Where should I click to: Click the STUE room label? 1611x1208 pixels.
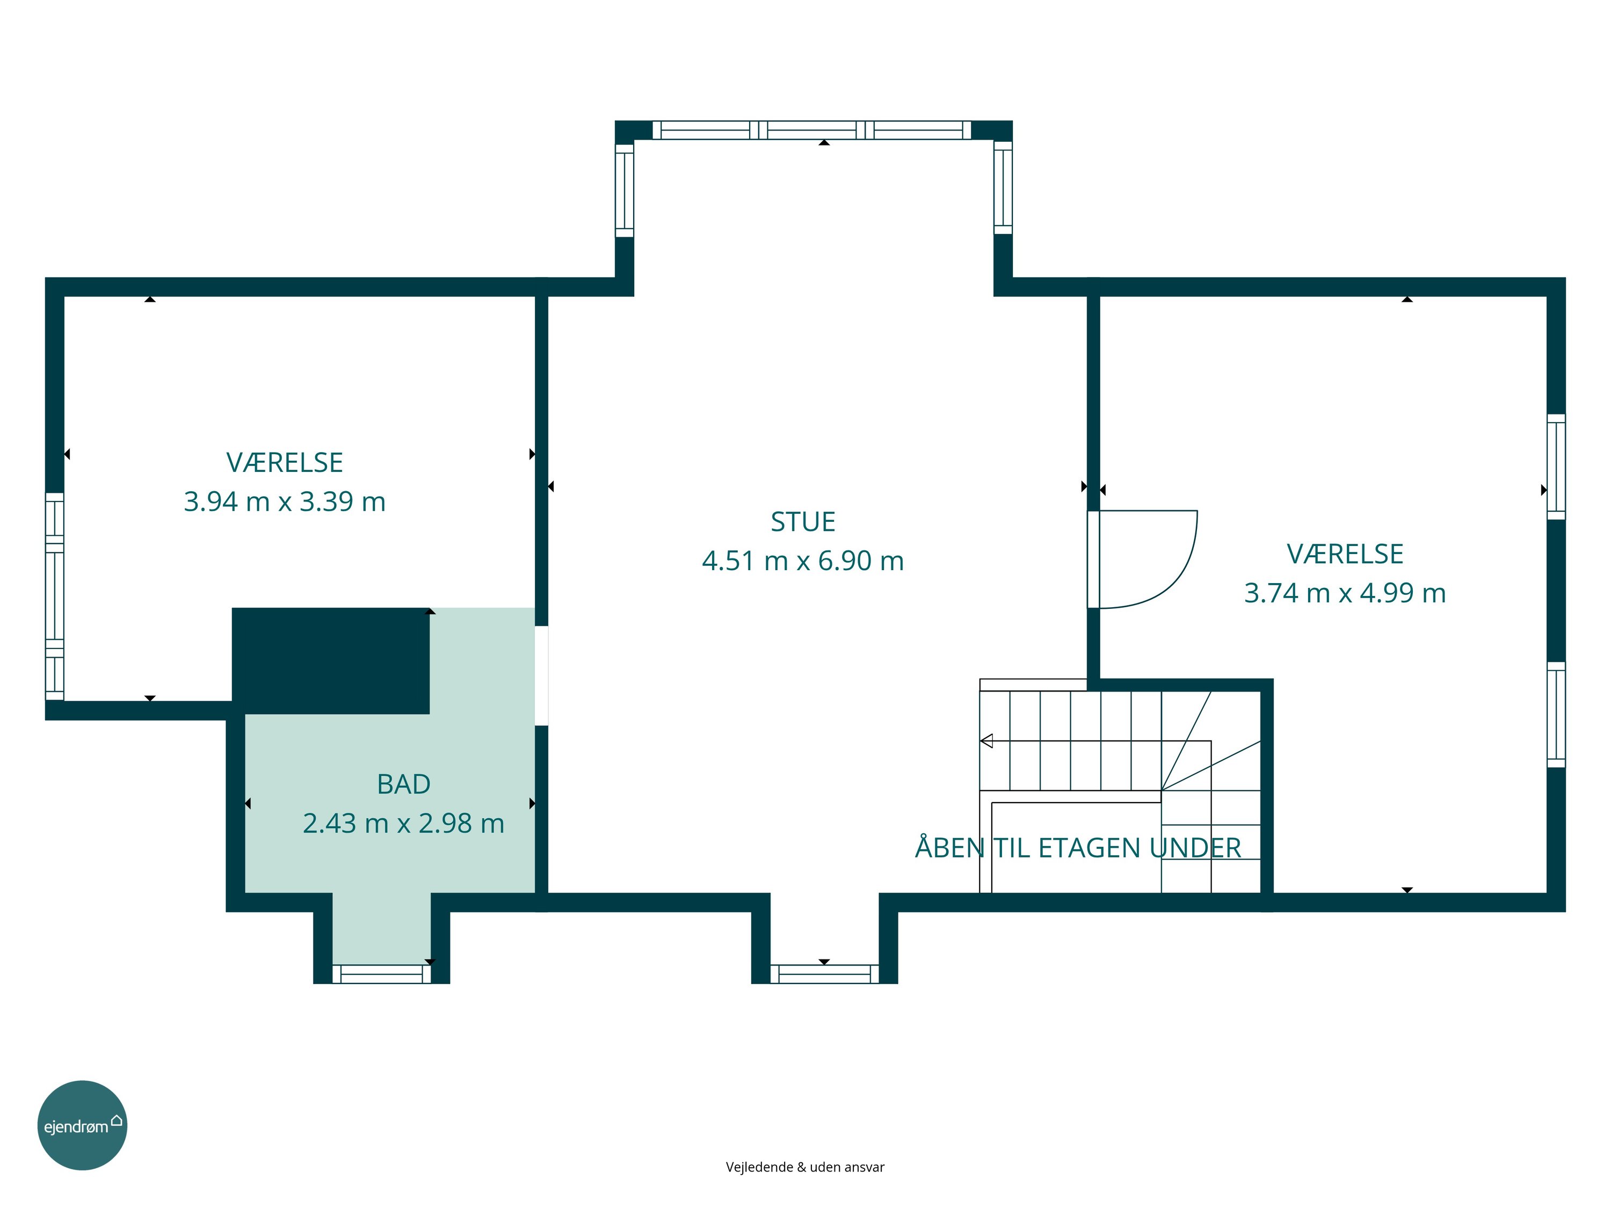pos(803,522)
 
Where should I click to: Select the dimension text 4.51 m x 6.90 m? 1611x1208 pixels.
pos(803,561)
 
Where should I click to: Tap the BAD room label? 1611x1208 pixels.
pos(403,784)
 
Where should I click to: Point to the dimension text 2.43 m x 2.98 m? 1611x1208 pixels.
pos(403,823)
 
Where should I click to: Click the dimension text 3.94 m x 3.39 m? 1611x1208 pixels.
pos(285,501)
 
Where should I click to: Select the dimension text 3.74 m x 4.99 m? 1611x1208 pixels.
pos(1345,593)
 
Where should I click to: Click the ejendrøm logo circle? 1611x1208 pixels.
pos(82,1125)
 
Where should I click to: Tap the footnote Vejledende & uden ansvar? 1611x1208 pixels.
pos(805,1167)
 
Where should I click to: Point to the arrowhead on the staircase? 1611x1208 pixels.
pos(987,741)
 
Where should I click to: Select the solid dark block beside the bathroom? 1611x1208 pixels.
pos(331,660)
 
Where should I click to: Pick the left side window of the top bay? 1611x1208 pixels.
pos(624,190)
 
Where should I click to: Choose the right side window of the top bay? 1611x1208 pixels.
pos(1003,188)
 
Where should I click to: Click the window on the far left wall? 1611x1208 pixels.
pos(55,596)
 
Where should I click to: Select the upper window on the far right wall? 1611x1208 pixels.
pos(1556,467)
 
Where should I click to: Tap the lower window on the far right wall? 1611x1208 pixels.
pos(1556,714)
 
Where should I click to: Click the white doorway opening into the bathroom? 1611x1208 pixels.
pos(541,676)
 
